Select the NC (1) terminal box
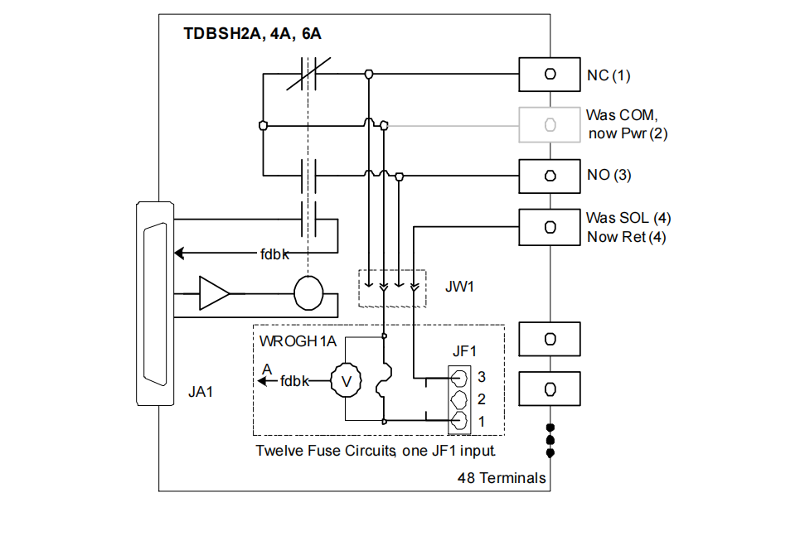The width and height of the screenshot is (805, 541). coord(549,75)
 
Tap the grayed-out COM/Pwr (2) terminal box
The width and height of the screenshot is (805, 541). coord(549,125)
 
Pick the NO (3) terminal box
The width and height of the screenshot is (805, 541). coord(549,176)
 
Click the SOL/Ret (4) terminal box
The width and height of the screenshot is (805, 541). coord(549,227)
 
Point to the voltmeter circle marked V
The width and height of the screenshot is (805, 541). coord(347,381)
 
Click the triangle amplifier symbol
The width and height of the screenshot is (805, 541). coord(214,293)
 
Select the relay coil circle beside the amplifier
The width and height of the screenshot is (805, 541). coord(308,293)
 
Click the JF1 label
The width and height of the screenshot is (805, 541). coord(465,352)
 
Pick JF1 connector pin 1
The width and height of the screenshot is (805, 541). coord(458,421)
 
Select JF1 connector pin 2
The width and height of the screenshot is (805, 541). coord(458,399)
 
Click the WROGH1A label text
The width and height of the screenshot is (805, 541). coord(298,341)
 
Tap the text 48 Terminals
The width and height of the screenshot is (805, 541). coord(502,477)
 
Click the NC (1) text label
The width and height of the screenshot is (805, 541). coord(609,75)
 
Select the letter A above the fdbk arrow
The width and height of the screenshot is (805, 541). coord(266,369)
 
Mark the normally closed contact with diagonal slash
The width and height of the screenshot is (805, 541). coord(308,75)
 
